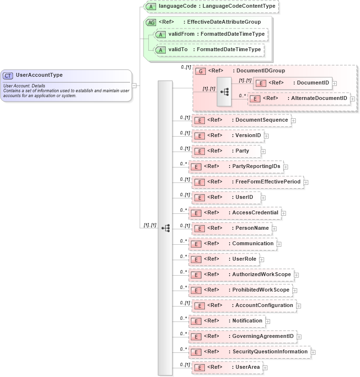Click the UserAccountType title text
[x=39, y=75]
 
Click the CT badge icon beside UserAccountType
[x=8, y=76]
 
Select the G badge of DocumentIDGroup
[x=200, y=71]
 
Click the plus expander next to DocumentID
[x=334, y=84]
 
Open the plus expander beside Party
[x=263, y=152]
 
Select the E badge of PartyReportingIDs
[x=196, y=167]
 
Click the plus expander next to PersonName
[x=274, y=228]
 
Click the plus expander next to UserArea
[x=265, y=368]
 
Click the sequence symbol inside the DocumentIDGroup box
[x=224, y=91]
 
